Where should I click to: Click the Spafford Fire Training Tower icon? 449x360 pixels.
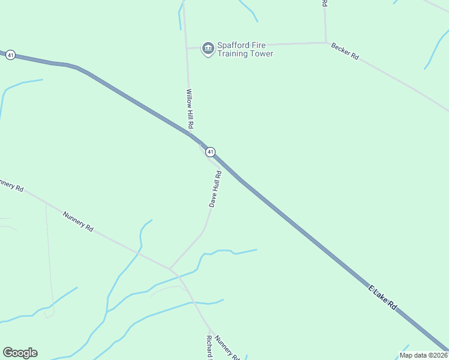pos(208,48)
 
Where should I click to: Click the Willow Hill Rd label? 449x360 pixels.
pos(189,109)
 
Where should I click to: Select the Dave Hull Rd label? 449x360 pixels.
pos(215,189)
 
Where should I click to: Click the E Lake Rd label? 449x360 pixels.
pos(382,298)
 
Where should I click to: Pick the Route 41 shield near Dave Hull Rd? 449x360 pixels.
pos(211,152)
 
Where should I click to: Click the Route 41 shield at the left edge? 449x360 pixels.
pos(11,55)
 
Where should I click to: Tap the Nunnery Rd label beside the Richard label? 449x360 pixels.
pos(227,346)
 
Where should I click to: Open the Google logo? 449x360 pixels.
pos(20,353)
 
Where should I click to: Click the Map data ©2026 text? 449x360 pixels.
pos(423,355)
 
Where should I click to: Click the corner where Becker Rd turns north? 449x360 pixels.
pos(326,43)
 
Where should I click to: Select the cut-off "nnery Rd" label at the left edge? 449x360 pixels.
pos(11,185)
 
